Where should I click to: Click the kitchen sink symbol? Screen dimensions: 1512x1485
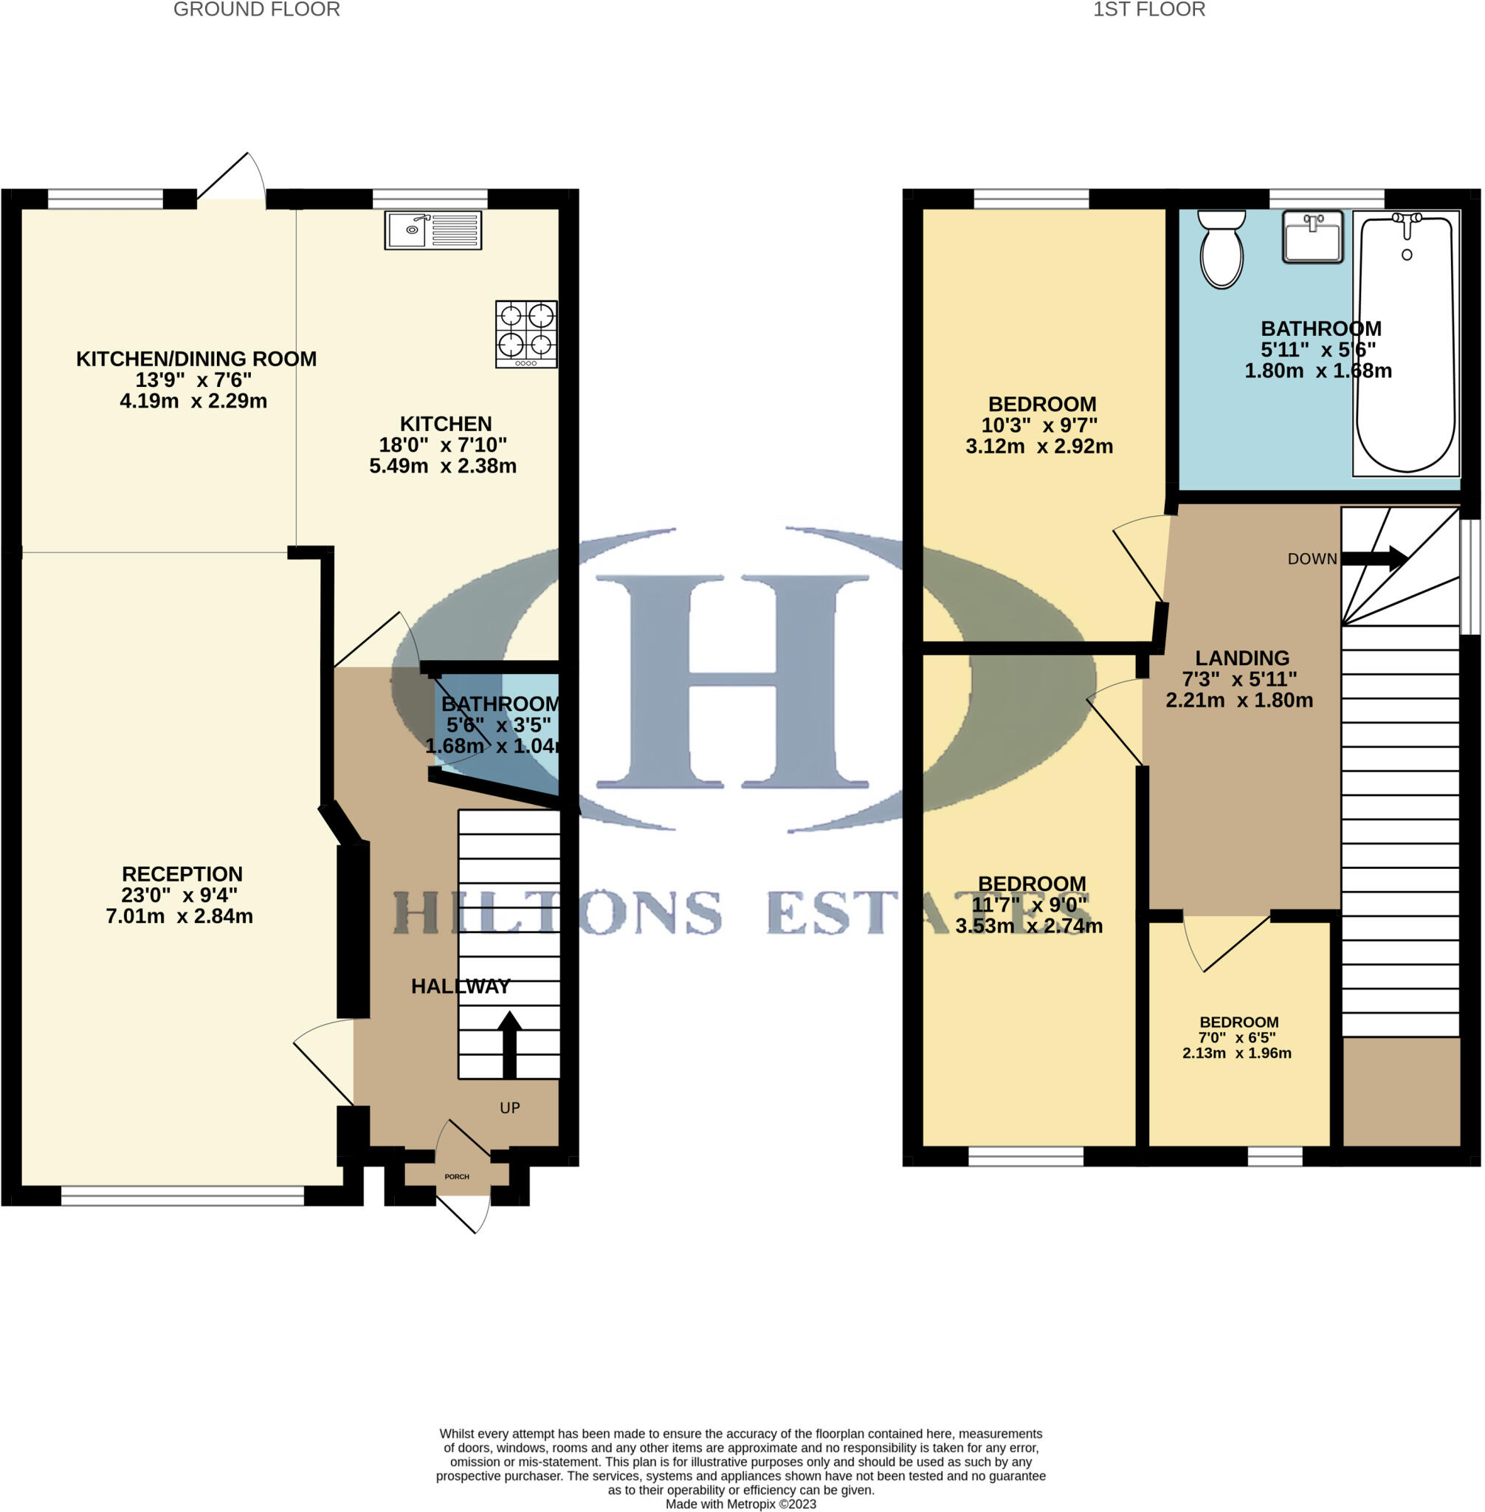click(433, 230)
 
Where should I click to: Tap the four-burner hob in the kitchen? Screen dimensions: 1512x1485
click(526, 333)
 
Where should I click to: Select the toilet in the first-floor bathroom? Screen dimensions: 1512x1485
click(1222, 249)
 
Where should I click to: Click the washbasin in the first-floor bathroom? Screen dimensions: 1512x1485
click(1312, 236)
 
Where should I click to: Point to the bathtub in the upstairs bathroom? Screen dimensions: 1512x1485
click(1405, 343)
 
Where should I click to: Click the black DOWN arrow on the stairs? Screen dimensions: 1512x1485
click(1374, 558)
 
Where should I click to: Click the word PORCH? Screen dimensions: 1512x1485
click(457, 1177)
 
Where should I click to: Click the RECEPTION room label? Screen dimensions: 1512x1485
click(182, 874)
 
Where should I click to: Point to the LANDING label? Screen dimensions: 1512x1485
click(1241, 658)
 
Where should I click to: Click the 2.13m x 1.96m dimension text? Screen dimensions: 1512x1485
click(1236, 1054)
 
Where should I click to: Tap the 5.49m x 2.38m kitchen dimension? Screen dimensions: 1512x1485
click(442, 466)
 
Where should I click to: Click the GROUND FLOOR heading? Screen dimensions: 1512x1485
click(256, 10)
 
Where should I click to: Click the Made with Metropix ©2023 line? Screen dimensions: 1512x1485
click(740, 1503)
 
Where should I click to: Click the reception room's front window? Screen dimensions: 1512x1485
click(182, 1195)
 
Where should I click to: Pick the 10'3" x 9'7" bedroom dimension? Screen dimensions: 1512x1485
click(1039, 425)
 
